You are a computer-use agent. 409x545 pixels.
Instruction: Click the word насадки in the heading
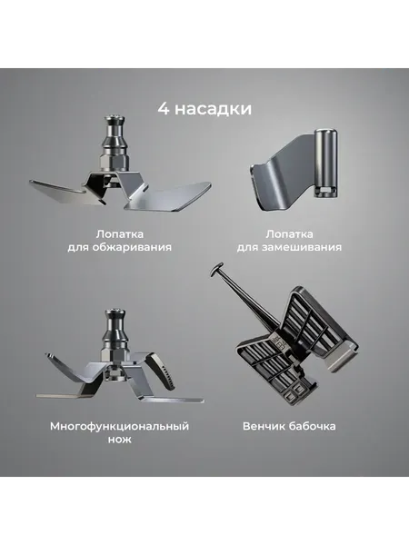click(211, 109)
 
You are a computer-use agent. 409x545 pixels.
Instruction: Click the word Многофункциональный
click(119, 425)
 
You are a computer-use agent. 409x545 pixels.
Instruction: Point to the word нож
click(119, 440)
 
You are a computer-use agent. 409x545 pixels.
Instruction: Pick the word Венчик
click(264, 425)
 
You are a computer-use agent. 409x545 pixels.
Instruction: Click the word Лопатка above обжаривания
click(120, 233)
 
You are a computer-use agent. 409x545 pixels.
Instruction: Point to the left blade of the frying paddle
click(59, 189)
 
